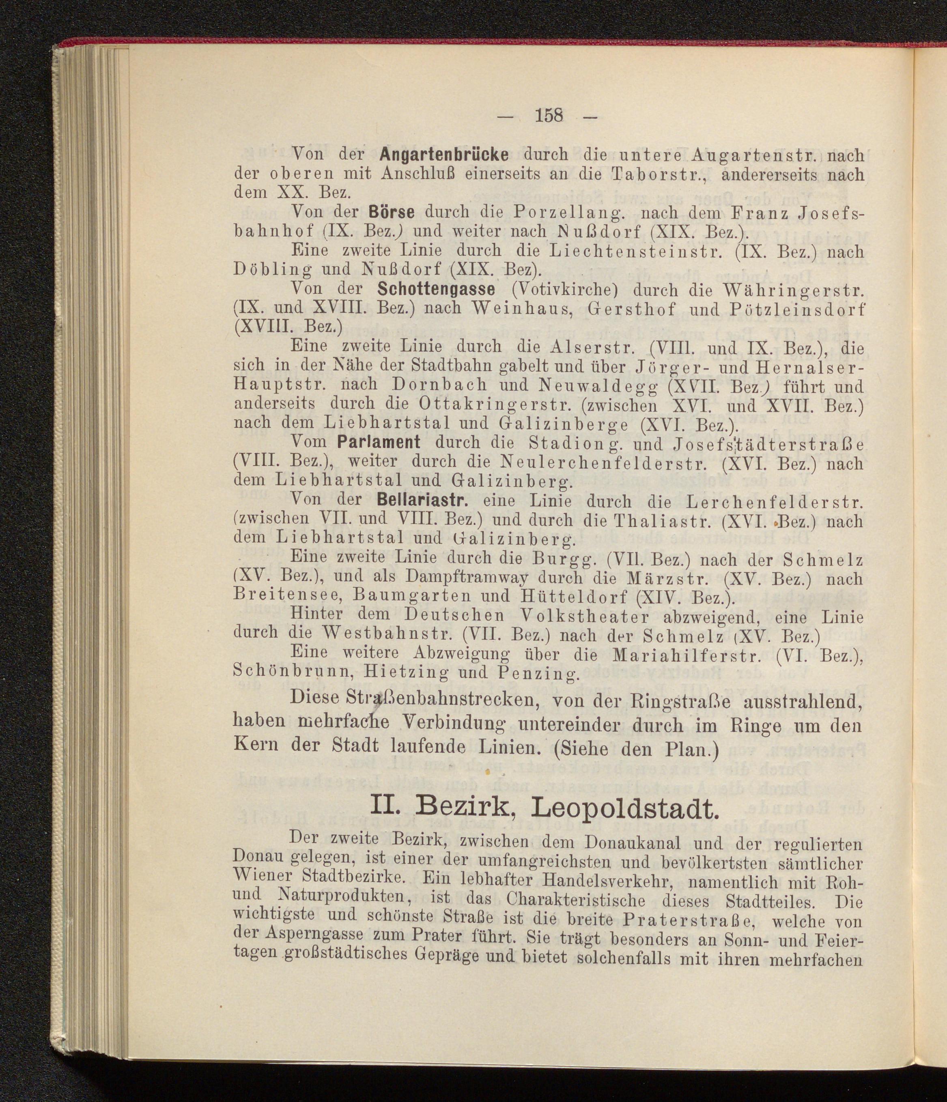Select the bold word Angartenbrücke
coord(444,155)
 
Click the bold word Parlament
coord(379,442)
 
